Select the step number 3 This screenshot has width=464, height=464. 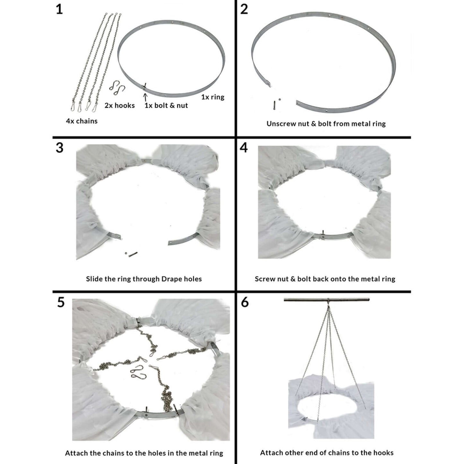click(59, 148)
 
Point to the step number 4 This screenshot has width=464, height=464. click(244, 148)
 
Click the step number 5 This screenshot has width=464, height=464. click(60, 302)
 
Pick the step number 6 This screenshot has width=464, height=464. click(245, 302)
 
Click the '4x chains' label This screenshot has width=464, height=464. click(82, 121)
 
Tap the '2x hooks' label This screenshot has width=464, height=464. click(119, 105)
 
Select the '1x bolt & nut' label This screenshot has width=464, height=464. click(166, 105)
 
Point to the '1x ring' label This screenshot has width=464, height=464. click(213, 97)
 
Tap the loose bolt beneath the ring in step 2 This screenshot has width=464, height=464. click(275, 104)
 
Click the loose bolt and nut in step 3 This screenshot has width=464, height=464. click(131, 254)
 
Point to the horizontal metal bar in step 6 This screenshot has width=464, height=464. click(326, 300)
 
